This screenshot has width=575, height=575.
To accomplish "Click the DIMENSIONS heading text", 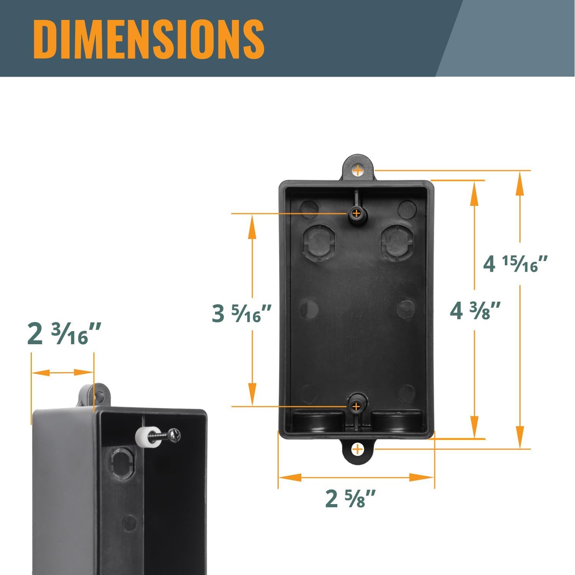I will pos(149,38).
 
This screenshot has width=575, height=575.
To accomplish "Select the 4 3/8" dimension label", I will pos(475,310).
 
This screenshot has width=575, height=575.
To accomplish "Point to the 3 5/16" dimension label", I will pos(242,313).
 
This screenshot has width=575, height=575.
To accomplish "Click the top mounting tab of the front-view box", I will pos(357,169).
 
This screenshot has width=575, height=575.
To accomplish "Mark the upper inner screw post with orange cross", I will pos(356,213).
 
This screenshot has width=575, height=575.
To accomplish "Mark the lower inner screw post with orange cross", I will pos(356,406).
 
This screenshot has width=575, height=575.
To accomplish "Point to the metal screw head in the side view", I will pos(174,435).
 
